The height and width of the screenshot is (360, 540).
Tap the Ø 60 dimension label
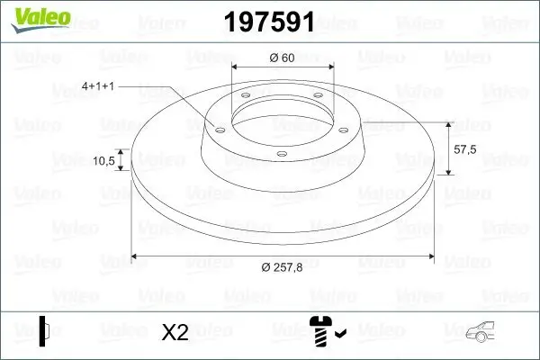pos(283,58)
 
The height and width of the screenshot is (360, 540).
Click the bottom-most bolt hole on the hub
pos(282,155)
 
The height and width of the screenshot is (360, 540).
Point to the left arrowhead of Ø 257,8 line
pos(135,256)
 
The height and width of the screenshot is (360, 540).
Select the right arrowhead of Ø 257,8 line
pos(430,256)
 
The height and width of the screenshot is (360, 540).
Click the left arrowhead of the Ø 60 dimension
pos(236,67)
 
